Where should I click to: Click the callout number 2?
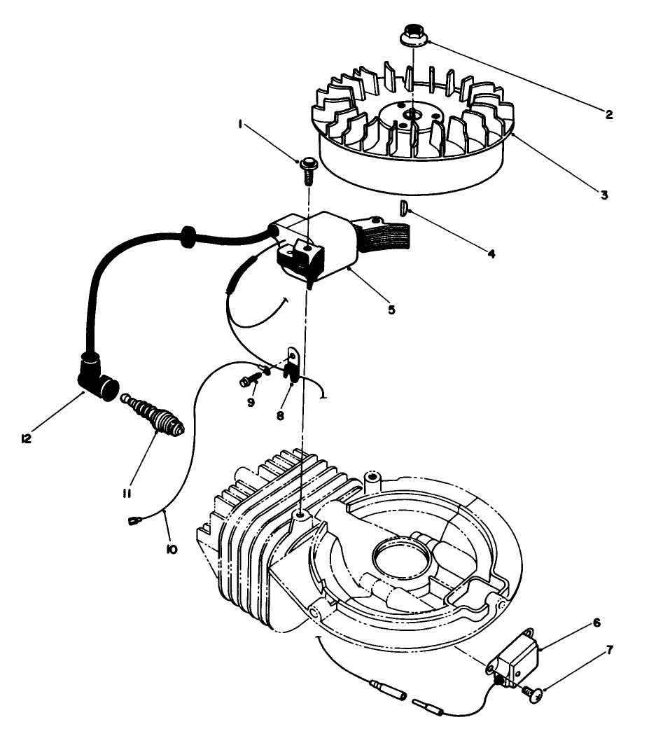[x=608, y=115]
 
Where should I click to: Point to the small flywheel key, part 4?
[x=403, y=207]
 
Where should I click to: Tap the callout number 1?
[x=240, y=124]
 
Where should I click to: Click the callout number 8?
[x=281, y=415]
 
